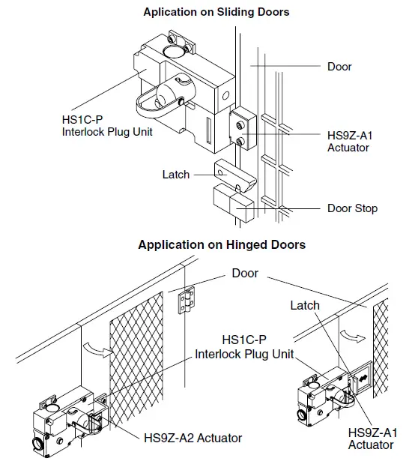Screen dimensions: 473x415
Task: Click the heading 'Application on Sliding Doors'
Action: pos(216,12)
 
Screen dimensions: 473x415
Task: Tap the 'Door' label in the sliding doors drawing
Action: pos(339,67)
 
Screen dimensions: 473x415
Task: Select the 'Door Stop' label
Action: pos(353,208)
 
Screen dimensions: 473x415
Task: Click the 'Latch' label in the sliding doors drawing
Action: pos(176,175)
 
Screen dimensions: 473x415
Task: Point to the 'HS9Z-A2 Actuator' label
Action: pos(193,437)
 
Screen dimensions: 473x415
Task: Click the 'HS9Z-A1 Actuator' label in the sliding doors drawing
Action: pos(348,142)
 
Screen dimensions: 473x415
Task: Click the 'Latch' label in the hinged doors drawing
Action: pos(305,305)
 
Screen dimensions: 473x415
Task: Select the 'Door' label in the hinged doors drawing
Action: pos(245,273)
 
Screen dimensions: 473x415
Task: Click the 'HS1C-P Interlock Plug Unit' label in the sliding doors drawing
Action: pos(97,125)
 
